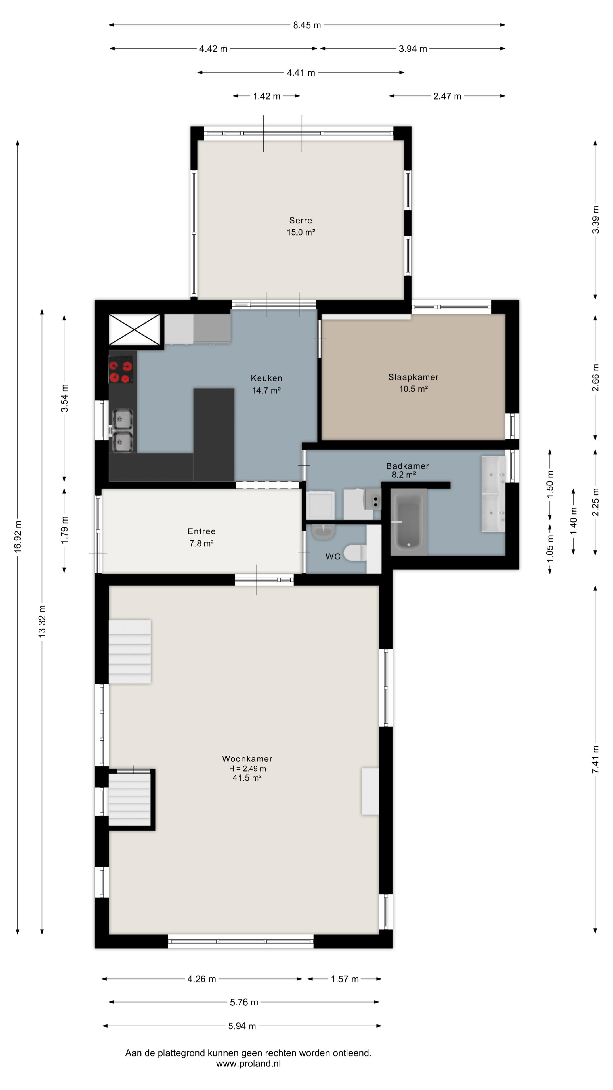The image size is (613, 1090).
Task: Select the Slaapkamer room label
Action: click(413, 377)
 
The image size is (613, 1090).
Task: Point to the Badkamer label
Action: click(408, 466)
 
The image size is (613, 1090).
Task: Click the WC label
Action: click(333, 556)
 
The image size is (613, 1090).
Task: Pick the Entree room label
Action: click(201, 531)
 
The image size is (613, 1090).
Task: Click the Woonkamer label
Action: click(247, 759)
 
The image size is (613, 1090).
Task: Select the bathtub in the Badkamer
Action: click(408, 521)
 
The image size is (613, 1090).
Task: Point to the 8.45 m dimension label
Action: click(307, 25)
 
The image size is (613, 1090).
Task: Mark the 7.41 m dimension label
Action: click(595, 760)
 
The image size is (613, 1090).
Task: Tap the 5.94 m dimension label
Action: click(242, 1026)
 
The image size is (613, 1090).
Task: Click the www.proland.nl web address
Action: click(248, 1064)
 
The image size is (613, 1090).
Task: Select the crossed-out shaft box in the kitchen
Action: click(135, 330)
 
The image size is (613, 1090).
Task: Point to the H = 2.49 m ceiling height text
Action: click(247, 768)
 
